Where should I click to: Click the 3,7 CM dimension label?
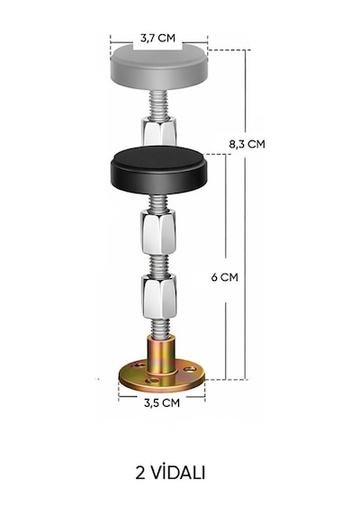coord(157,38)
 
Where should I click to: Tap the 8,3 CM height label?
coord(247,144)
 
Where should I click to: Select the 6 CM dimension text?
coord(224,277)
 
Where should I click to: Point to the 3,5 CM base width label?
coord(162,402)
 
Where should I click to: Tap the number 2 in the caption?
coord(140,472)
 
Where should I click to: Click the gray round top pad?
coord(159,67)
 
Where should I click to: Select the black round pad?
coord(159,169)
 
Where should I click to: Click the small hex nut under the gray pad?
coord(158,131)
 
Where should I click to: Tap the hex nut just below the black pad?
coord(158,232)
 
